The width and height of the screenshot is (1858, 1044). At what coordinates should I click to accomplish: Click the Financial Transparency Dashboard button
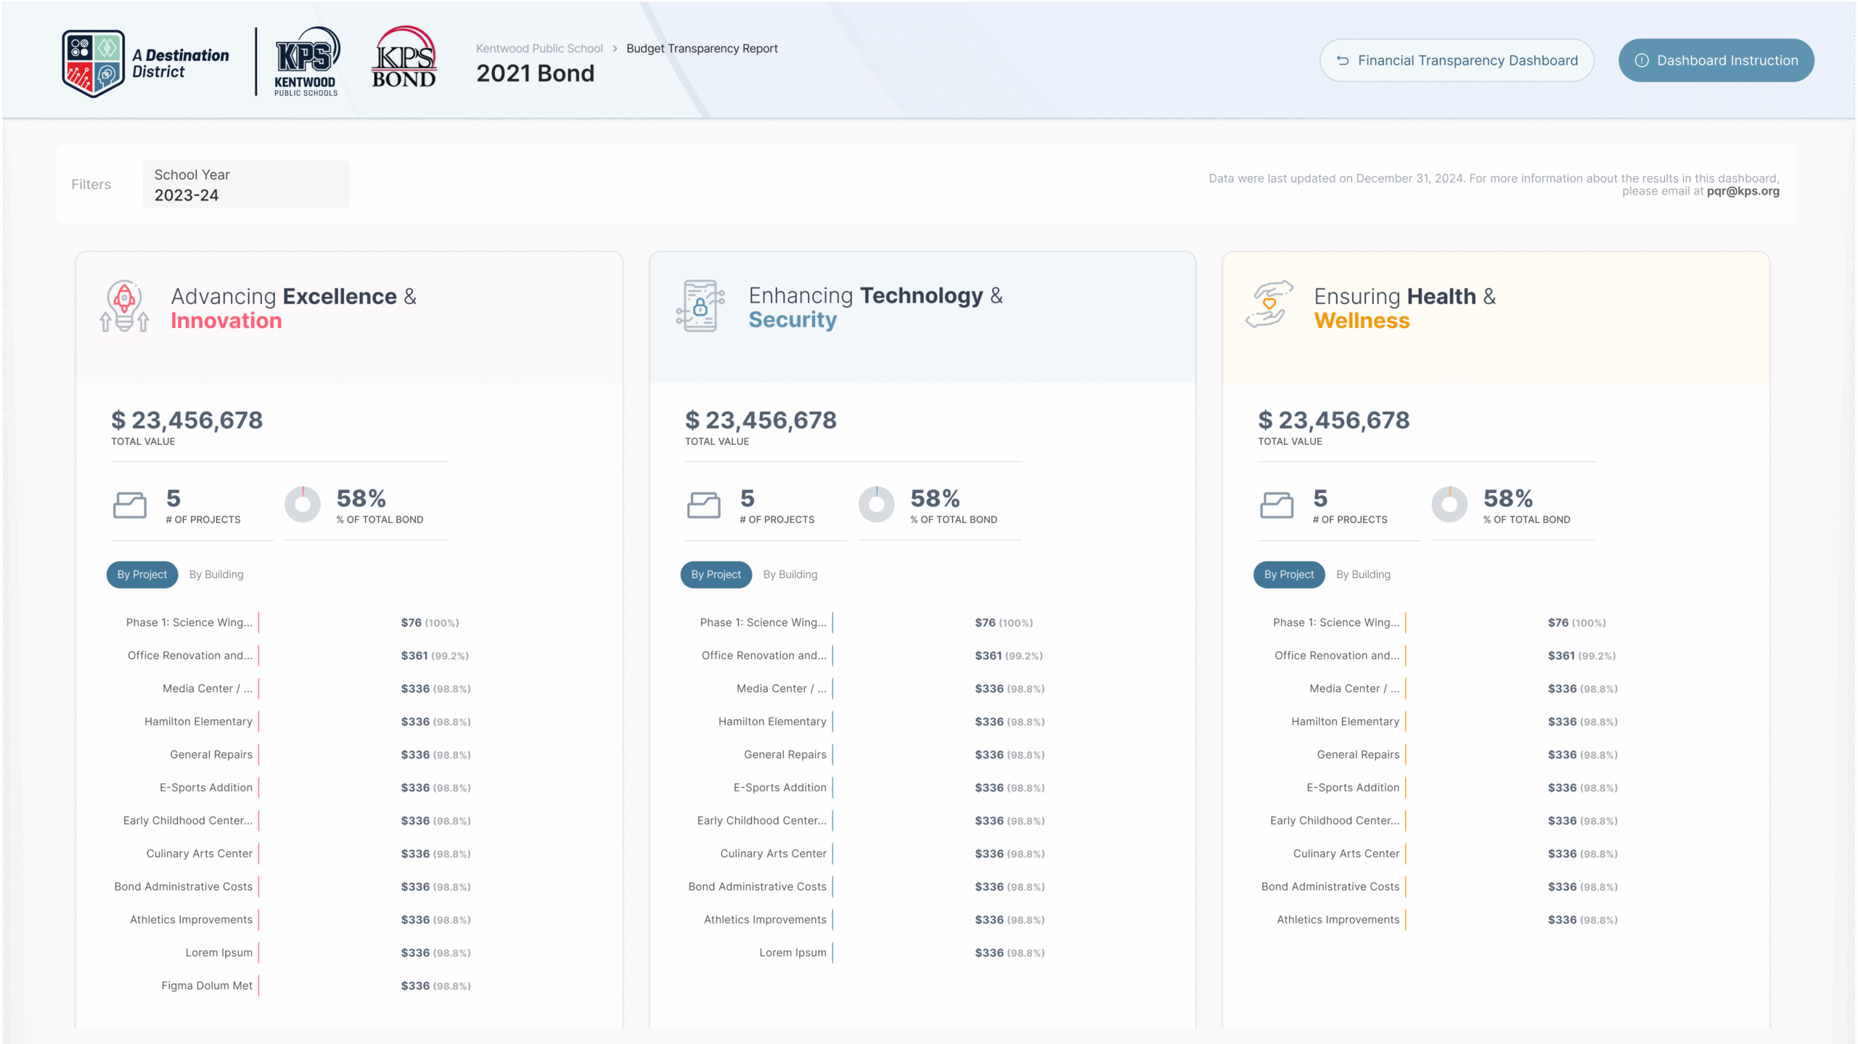(1456, 60)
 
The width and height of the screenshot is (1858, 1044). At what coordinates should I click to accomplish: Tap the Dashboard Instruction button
(1716, 60)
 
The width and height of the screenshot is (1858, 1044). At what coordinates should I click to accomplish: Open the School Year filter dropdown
(246, 184)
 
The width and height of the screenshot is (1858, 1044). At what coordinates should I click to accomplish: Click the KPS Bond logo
(404, 57)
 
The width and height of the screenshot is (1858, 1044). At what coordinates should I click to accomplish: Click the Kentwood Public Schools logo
(306, 62)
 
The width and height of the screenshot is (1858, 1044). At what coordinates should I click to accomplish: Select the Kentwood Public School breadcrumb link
(539, 49)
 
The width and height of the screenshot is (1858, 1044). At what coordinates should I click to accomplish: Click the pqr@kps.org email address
(1743, 191)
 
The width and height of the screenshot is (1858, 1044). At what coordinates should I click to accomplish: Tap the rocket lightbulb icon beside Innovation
(124, 306)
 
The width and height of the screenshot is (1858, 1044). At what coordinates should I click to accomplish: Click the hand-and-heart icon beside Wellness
(1269, 304)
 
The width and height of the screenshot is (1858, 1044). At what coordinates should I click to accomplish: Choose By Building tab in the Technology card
(790, 574)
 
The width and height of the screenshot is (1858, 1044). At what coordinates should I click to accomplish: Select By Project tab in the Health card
(1288, 574)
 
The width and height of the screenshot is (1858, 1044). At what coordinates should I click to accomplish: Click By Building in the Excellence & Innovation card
(216, 574)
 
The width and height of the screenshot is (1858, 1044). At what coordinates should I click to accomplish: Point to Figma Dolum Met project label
(207, 985)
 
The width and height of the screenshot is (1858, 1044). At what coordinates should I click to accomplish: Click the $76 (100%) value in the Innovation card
(430, 622)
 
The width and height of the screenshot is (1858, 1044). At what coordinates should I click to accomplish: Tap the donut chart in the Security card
(876, 505)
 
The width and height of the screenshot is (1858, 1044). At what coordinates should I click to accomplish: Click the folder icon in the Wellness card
(1276, 505)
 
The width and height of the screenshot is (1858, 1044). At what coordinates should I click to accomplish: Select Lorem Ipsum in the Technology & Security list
(793, 953)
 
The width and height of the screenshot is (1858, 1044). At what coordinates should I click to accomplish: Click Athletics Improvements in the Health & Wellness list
(1338, 919)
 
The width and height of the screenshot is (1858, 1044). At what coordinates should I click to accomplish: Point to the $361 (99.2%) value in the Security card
(1008, 656)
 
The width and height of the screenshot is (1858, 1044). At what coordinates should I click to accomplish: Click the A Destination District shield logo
(93, 63)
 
